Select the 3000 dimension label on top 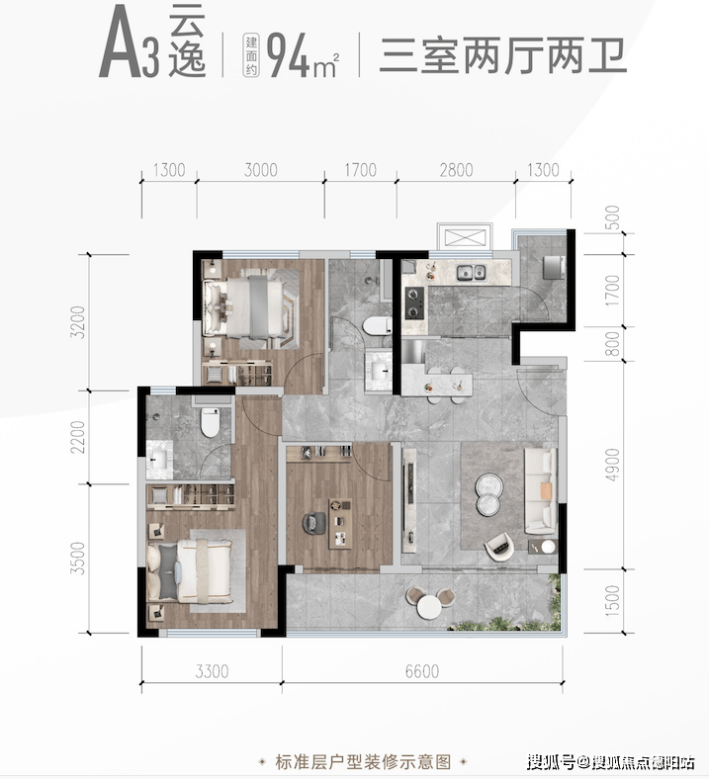(x=260, y=170)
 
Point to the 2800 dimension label (x=456, y=170)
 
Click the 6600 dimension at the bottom (x=421, y=672)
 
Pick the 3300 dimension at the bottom (x=211, y=672)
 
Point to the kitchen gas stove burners (x=412, y=302)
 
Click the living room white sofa (x=541, y=488)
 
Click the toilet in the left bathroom (x=209, y=423)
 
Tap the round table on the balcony (x=428, y=606)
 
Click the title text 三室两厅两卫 (x=503, y=52)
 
